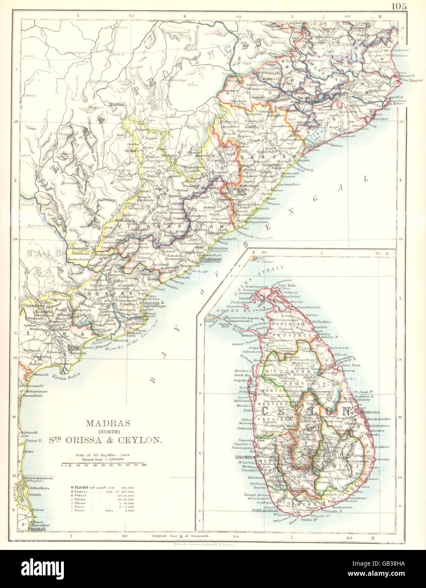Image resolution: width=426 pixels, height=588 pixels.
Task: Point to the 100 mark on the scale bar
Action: click(x=144, y=465)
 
